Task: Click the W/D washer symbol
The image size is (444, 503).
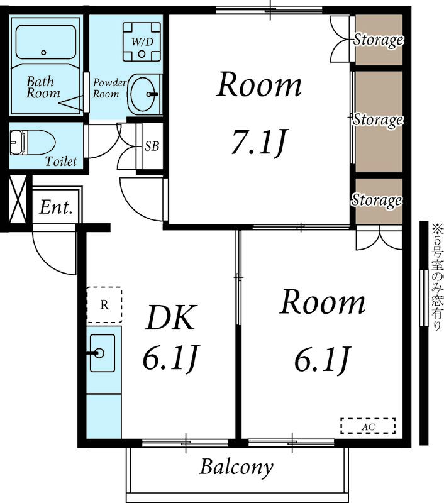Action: pyautogui.click(x=142, y=41)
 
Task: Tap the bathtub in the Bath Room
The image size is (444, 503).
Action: pyautogui.click(x=45, y=42)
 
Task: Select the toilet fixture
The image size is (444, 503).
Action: pyautogui.click(x=32, y=142)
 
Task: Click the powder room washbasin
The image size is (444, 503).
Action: pyautogui.click(x=143, y=94)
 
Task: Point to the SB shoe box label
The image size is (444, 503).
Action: pyautogui.click(x=152, y=146)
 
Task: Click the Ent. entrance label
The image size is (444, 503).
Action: pyautogui.click(x=56, y=207)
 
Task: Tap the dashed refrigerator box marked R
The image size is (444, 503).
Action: pyautogui.click(x=104, y=305)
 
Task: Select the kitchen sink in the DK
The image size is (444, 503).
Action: pyautogui.click(x=103, y=353)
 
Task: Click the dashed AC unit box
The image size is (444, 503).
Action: pyautogui.click(x=368, y=426)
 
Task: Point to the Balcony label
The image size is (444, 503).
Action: pyautogui.click(x=236, y=467)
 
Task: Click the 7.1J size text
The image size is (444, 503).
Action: pyautogui.click(x=258, y=142)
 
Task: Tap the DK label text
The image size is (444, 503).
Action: pyautogui.click(x=170, y=318)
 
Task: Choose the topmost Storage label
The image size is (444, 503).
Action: pyautogui.click(x=378, y=40)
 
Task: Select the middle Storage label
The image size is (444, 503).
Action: pyautogui.click(x=378, y=120)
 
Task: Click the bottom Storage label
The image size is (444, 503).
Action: pyautogui.click(x=377, y=201)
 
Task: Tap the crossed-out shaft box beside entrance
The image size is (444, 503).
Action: pyautogui.click(x=18, y=199)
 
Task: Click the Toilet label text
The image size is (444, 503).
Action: pyautogui.click(x=61, y=162)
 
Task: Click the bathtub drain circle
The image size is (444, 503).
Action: pyautogui.click(x=43, y=53)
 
